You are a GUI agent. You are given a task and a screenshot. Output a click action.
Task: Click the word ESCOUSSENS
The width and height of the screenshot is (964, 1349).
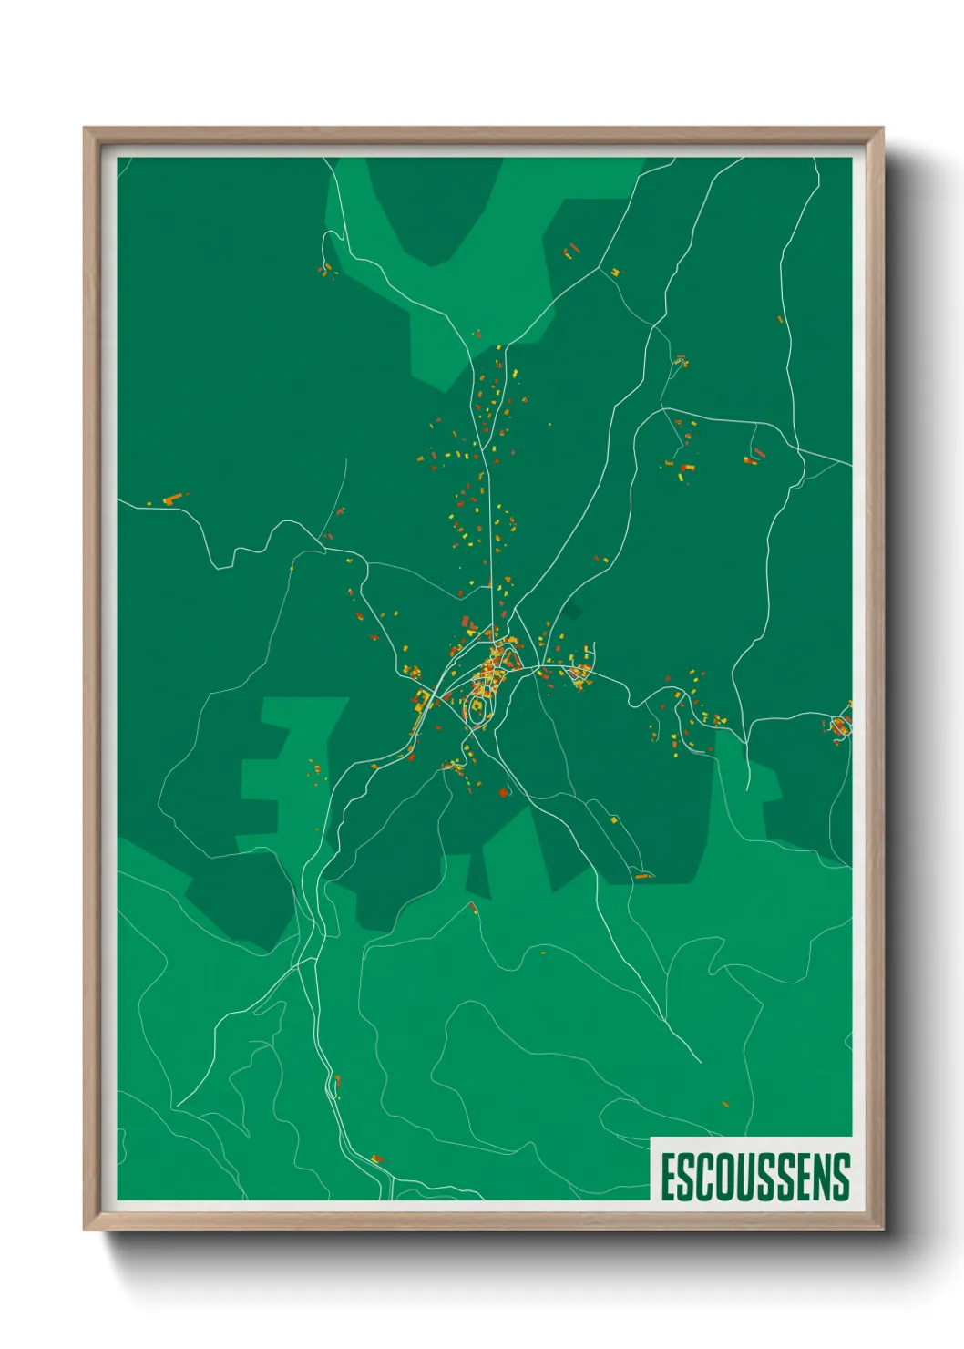[754, 1177]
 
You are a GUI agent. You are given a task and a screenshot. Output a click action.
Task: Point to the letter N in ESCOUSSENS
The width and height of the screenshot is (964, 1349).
[825, 1177]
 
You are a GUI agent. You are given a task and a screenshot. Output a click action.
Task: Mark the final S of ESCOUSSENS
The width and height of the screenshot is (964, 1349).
[843, 1177]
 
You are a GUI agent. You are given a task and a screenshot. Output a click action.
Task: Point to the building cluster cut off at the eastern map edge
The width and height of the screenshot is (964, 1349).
[840, 726]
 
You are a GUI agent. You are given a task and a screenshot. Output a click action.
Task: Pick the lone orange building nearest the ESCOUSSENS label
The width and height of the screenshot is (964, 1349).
[725, 1104]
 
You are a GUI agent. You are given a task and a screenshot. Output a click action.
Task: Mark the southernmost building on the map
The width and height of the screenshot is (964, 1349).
[377, 1158]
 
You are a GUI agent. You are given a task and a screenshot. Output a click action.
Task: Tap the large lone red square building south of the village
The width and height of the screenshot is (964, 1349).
[502, 793]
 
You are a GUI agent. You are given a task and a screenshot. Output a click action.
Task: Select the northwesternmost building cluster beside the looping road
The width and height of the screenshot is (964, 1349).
[325, 269]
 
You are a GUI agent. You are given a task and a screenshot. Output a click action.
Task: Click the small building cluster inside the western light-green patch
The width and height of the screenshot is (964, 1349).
[316, 770]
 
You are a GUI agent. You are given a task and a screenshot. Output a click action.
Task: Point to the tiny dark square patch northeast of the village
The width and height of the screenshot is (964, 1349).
[571, 612]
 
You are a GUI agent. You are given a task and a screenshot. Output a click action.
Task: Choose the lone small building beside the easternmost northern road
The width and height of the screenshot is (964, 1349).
[781, 319]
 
